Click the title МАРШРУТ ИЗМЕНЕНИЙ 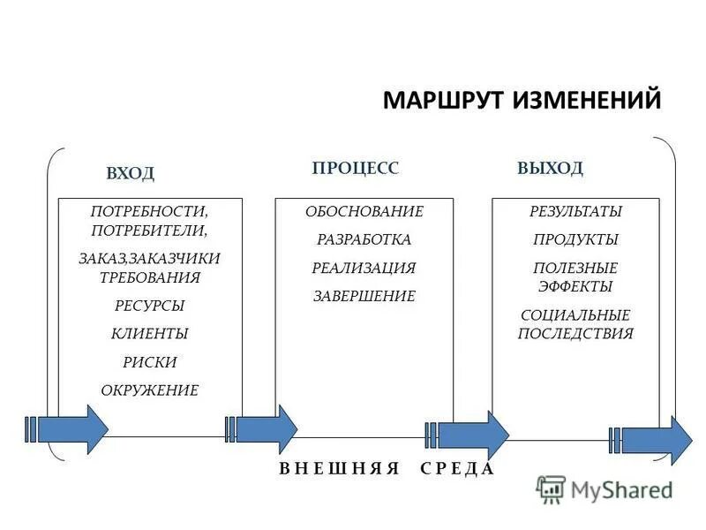tap(522, 100)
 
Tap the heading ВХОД tap(130, 173)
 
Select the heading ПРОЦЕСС tap(356, 168)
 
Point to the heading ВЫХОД tap(550, 168)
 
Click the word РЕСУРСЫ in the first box tap(149, 306)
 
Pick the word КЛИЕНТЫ tap(149, 334)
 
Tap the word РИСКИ tap(149, 362)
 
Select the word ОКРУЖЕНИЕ tap(149, 390)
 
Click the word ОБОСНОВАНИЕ tap(364, 212)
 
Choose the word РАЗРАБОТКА tap(364, 240)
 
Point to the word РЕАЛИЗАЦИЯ tap(364, 269)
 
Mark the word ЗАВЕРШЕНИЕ tap(364, 297)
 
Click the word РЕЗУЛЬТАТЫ tap(575, 212)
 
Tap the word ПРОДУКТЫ tap(575, 240)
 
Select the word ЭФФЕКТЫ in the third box tap(575, 287)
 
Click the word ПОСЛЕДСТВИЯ tap(575, 334)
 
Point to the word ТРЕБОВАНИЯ tap(149, 277)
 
